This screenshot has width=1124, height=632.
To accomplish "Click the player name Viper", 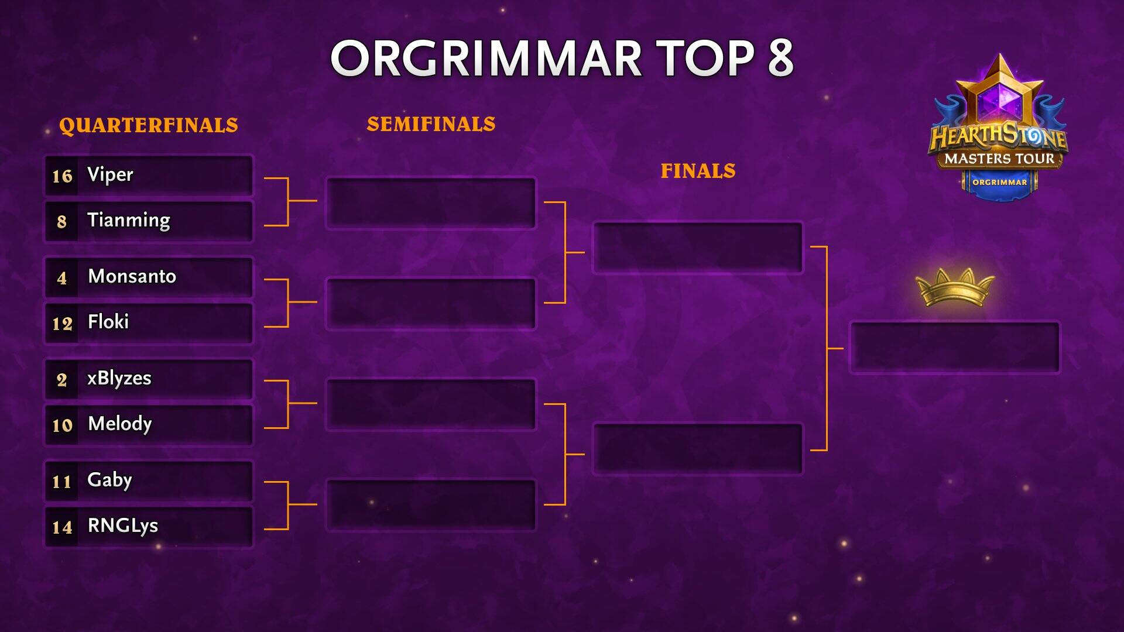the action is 110,174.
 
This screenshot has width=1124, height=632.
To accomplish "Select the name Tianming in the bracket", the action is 129,220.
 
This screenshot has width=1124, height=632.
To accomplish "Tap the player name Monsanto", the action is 132,276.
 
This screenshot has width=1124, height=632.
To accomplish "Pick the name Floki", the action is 108,321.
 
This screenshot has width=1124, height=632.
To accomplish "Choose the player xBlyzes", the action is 119,378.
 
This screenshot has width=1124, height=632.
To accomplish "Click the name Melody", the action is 120,423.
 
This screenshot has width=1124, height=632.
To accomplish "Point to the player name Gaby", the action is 109,480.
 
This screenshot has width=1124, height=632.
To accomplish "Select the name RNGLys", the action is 123,525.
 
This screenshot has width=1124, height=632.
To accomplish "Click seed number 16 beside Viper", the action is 62,176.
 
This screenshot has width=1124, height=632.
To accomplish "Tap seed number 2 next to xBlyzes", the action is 61,380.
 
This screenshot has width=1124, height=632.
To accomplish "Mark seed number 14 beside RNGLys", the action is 62,527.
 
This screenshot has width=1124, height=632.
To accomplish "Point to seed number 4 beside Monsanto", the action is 61,278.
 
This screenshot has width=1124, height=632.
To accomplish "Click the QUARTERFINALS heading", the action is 149,125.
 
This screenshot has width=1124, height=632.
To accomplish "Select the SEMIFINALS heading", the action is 431,124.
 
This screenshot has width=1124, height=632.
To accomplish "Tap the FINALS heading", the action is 698,171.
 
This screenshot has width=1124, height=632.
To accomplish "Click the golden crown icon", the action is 955,287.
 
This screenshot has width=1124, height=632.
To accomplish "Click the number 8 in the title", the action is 781,58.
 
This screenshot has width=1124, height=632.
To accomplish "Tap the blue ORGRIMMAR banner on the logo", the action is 1000,183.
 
